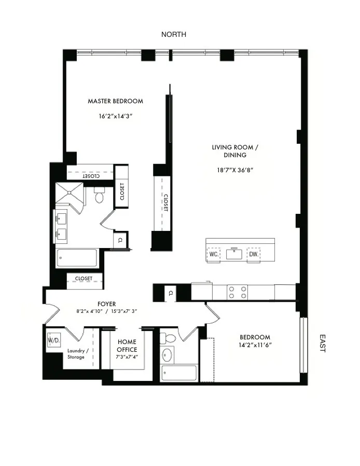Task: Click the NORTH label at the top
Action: pyautogui.click(x=174, y=34)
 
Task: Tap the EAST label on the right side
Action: pyautogui.click(x=322, y=343)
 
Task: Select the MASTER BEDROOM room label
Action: pyautogui.click(x=115, y=101)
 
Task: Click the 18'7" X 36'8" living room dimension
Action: pyautogui.click(x=235, y=170)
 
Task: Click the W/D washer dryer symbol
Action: pyautogui.click(x=53, y=341)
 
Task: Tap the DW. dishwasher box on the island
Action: pyautogui.click(x=253, y=255)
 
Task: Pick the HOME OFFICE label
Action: pyautogui.click(x=127, y=346)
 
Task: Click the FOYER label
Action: pyautogui.click(x=106, y=304)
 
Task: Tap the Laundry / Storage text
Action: pyautogui.click(x=78, y=353)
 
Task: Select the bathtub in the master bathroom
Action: pyautogui.click(x=77, y=258)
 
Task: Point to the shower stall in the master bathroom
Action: pyautogui.click(x=70, y=194)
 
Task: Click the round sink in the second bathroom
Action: pyautogui.click(x=168, y=357)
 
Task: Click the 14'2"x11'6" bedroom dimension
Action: pyautogui.click(x=255, y=345)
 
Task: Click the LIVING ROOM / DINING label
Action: pyautogui.click(x=235, y=151)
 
